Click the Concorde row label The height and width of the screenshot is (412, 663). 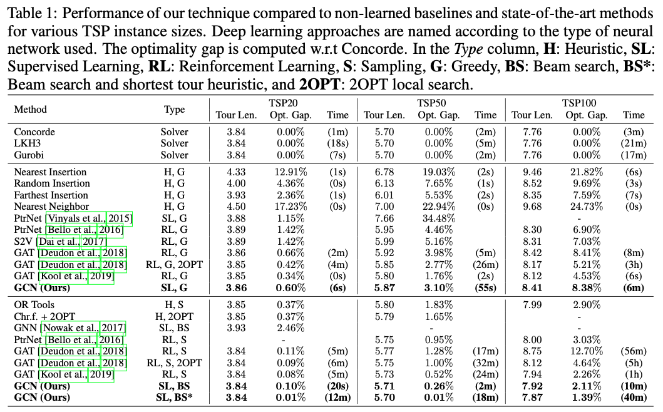click(x=34, y=132)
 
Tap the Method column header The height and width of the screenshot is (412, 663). click(x=31, y=109)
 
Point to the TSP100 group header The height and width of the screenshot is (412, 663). click(x=578, y=103)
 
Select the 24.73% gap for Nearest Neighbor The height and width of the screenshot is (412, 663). click(x=583, y=207)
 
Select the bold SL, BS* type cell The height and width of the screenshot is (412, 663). click(x=175, y=397)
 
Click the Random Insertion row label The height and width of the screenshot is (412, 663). click(x=52, y=183)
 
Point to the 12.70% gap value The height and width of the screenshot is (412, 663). click(x=583, y=351)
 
